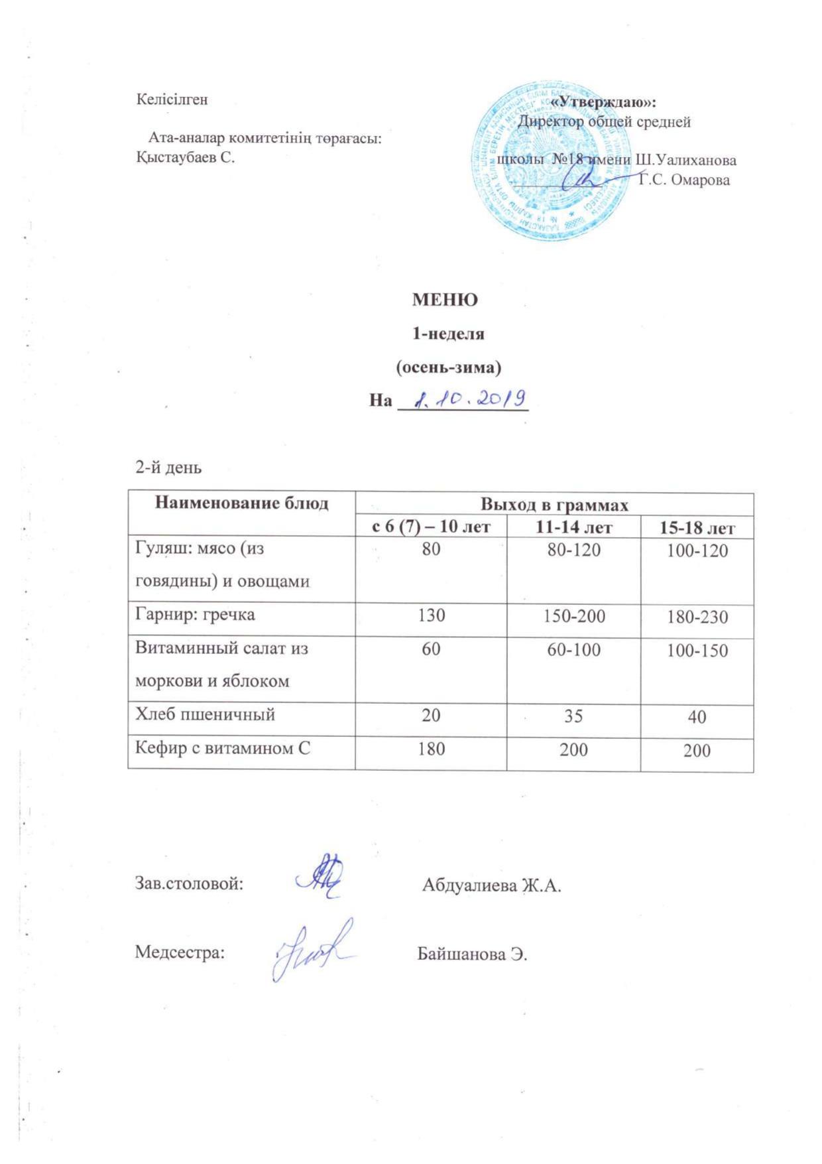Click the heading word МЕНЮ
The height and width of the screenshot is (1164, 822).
click(x=445, y=299)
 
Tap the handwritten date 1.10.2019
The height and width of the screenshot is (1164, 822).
click(x=469, y=399)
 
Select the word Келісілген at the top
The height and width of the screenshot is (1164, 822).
click(x=172, y=99)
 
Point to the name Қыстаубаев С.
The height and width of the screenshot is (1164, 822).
click(x=186, y=157)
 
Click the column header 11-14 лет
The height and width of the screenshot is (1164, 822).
click(x=573, y=527)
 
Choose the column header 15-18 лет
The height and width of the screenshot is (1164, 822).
click(x=697, y=528)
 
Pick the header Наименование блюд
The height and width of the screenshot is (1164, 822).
click(x=241, y=503)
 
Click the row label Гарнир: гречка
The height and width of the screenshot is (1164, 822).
click(x=195, y=614)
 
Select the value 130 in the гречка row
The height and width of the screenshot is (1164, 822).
click(x=431, y=615)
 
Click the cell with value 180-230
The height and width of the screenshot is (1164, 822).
click(x=697, y=617)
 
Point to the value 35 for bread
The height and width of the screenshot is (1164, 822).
click(x=573, y=716)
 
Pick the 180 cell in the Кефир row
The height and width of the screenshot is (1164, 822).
click(x=431, y=749)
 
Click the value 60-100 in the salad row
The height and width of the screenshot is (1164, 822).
click(x=573, y=649)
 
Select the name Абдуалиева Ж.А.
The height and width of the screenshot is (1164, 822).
click(x=491, y=885)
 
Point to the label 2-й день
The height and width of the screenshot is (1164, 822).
click(x=168, y=468)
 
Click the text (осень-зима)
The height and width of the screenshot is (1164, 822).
click(x=448, y=367)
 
